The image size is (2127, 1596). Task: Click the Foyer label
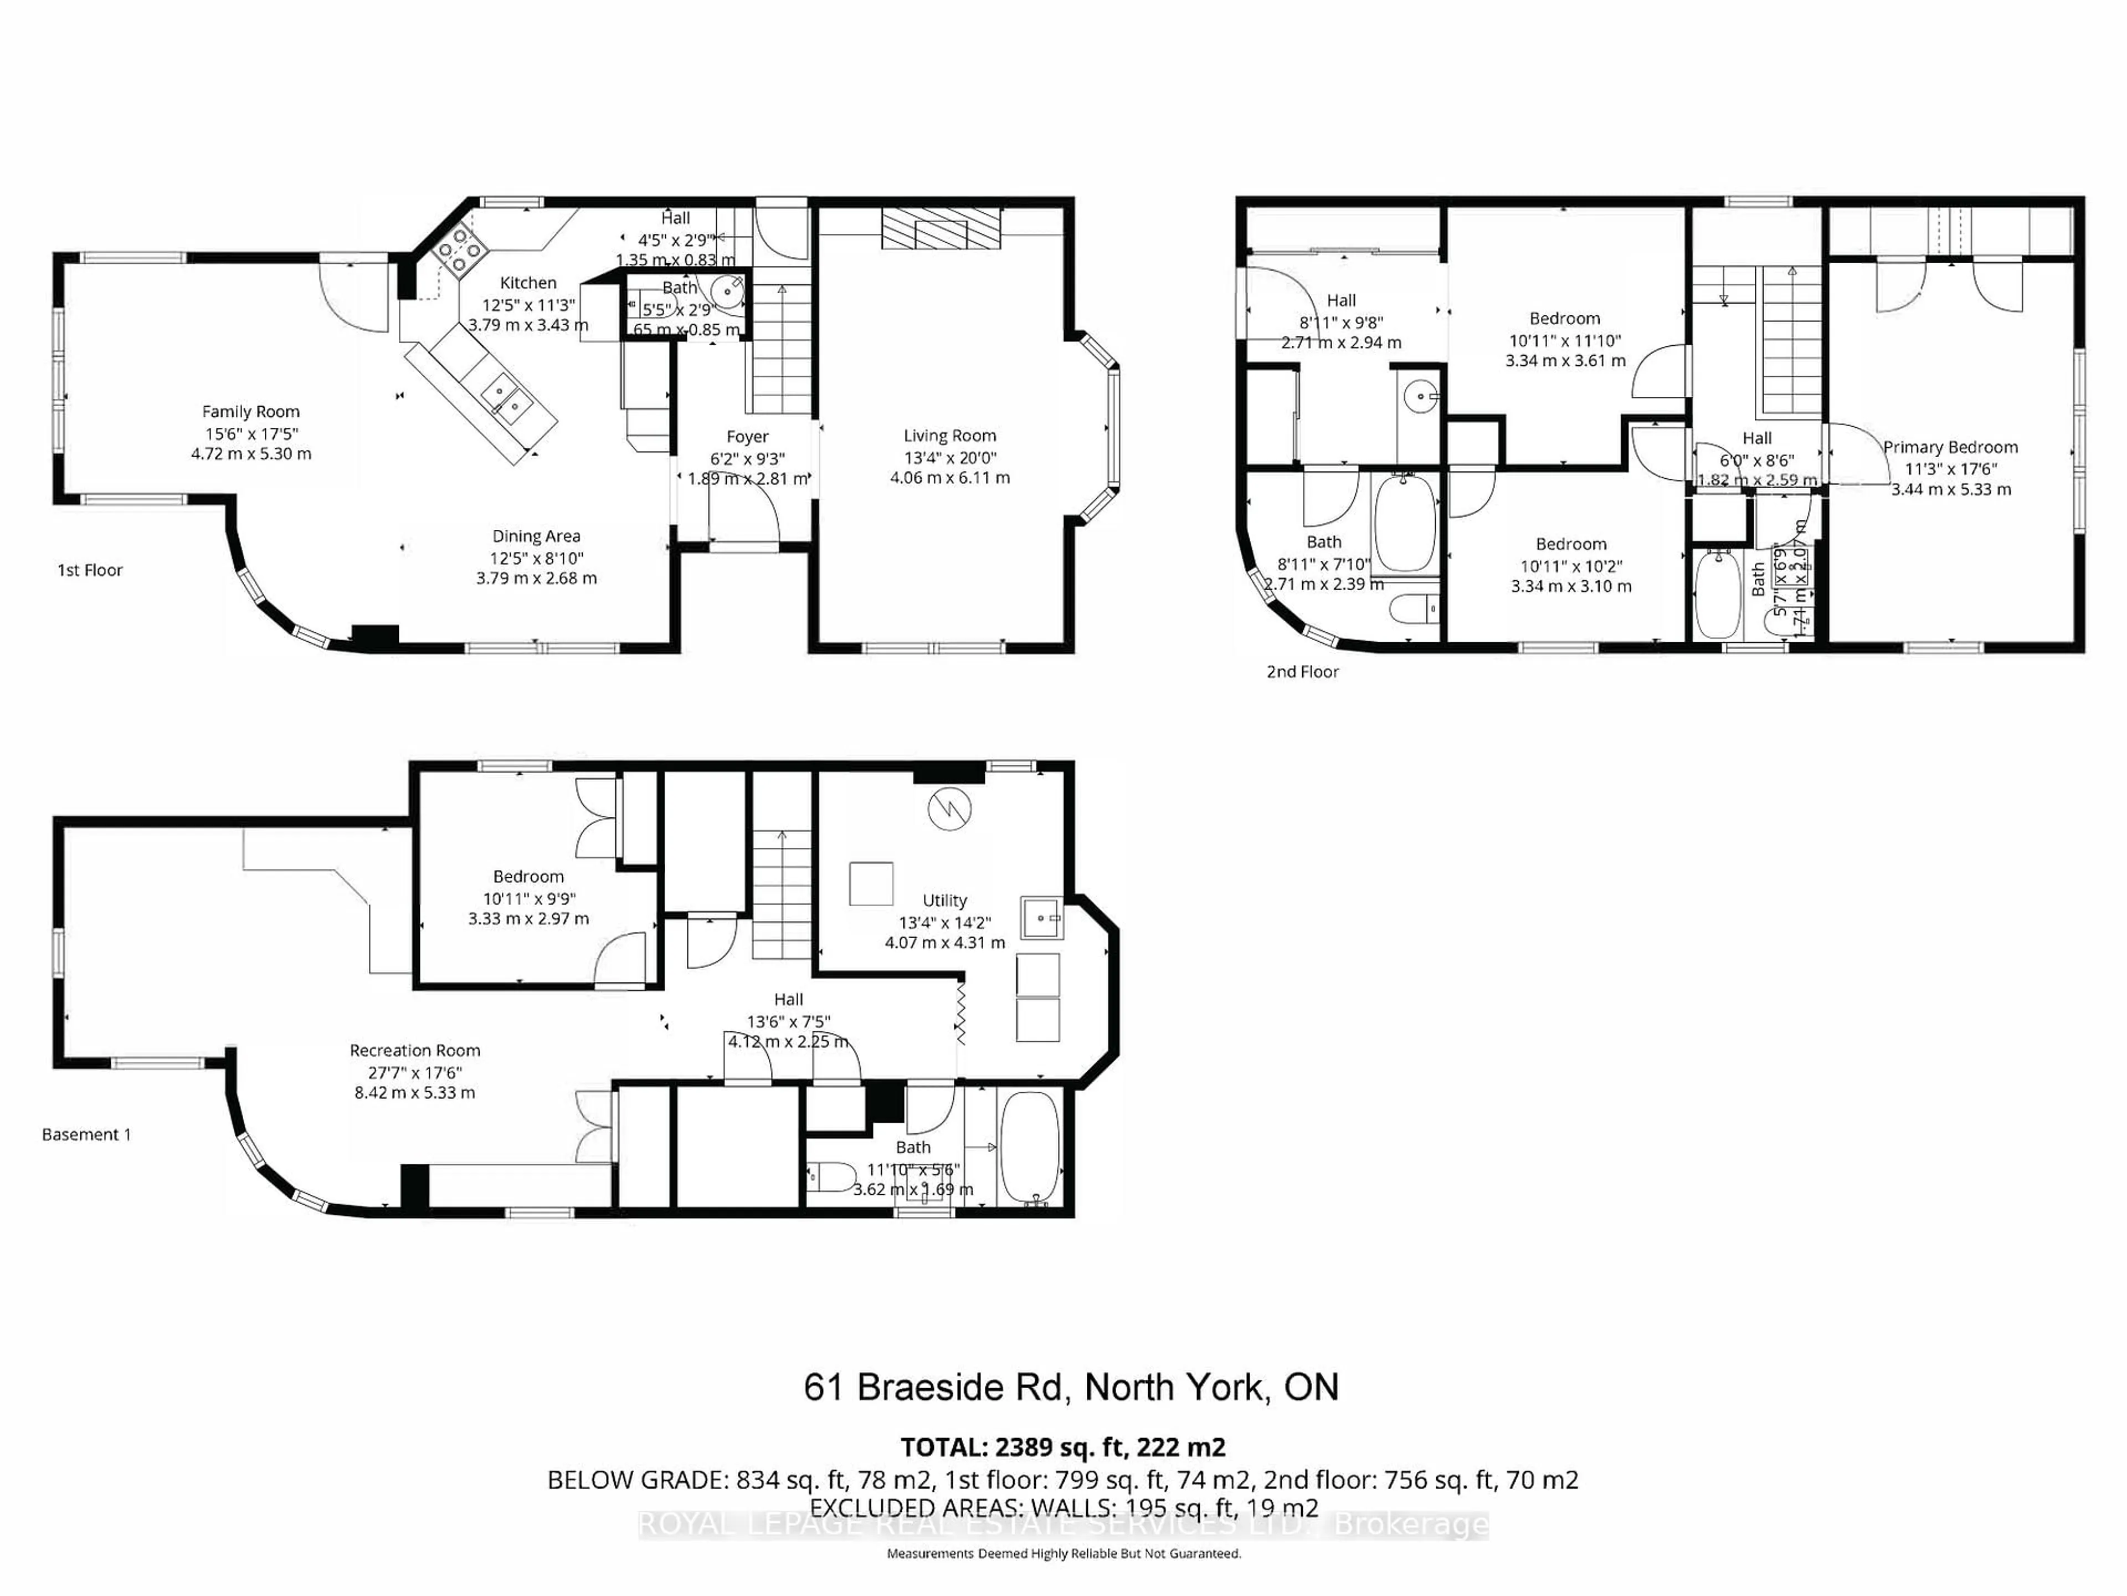[x=747, y=437]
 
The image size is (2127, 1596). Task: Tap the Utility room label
[x=944, y=901]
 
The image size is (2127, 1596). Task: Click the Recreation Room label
[x=414, y=1051]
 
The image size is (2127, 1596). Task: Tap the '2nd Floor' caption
[x=1302, y=672]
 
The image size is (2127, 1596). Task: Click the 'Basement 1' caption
[x=86, y=1134]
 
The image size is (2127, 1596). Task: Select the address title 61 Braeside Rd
[x=1070, y=1387]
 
